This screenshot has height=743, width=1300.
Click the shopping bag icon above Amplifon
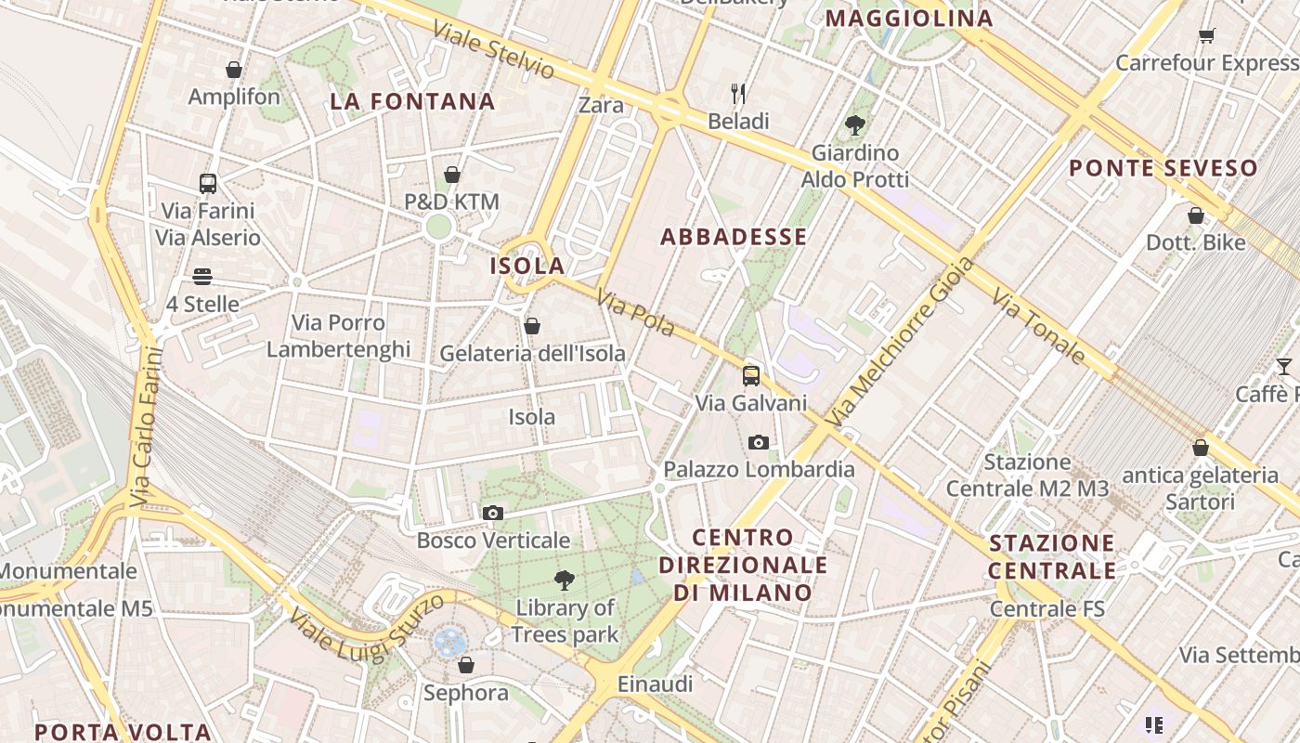point(234,70)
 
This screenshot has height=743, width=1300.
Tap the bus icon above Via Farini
point(208,184)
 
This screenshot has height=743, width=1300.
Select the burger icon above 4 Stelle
point(202,277)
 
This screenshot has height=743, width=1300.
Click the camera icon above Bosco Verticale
point(493,513)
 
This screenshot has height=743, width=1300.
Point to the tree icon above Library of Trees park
point(564,581)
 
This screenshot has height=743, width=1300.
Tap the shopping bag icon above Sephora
point(466,665)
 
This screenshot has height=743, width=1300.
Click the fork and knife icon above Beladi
point(739,94)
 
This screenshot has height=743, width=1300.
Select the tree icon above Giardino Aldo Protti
point(855,125)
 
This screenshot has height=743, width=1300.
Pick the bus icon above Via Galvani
point(751,376)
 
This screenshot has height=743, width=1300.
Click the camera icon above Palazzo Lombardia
point(759,442)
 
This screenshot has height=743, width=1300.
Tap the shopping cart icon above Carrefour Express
point(1206,36)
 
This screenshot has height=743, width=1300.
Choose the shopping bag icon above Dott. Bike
point(1196,215)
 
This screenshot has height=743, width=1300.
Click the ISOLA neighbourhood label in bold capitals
point(527,266)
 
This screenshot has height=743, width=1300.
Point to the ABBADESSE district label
point(734,237)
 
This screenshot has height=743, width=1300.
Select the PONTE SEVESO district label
point(1163,168)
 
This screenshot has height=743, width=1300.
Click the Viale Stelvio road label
point(494,49)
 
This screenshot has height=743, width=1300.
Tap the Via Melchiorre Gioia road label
point(900,342)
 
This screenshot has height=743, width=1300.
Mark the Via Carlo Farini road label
point(147,427)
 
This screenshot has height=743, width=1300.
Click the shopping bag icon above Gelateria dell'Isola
point(532,326)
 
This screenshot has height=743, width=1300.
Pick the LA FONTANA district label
point(412,101)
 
